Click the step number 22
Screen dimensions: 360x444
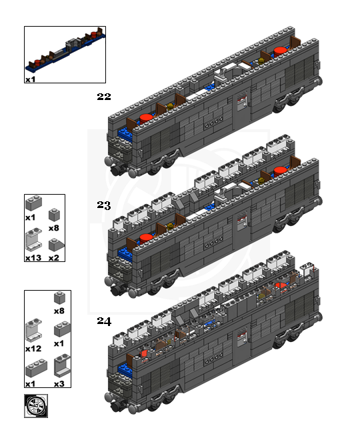[103, 97]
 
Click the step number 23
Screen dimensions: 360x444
[103, 205]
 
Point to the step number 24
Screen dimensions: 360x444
[104, 321]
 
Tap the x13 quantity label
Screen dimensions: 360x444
[33, 258]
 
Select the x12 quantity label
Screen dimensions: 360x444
[33, 349]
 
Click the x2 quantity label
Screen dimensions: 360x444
[54, 258]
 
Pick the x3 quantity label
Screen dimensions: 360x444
[59, 384]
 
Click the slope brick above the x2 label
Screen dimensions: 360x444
[56, 245]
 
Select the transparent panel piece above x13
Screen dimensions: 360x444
[34, 240]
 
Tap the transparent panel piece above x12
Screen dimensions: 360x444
[34, 331]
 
